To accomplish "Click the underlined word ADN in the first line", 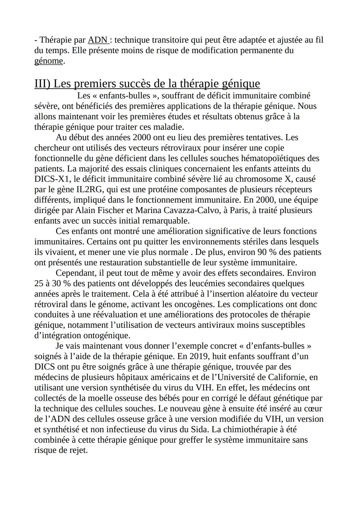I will tap(97, 40).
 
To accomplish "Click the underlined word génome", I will tap(49, 61).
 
